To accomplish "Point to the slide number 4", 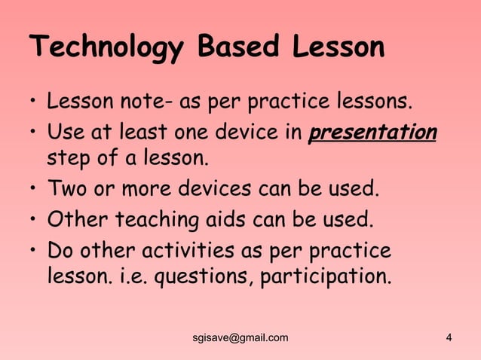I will point(449,337).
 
